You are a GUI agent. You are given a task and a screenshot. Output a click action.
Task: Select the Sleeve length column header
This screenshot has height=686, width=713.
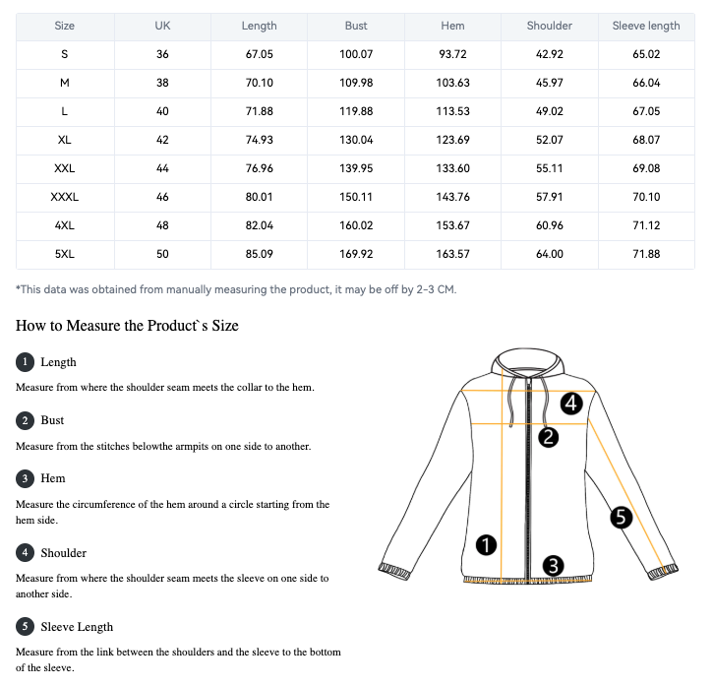coord(646,26)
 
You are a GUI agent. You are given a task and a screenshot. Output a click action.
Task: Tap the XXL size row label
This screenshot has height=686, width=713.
coord(64,168)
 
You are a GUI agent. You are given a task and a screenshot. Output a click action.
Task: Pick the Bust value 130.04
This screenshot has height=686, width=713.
coord(356,140)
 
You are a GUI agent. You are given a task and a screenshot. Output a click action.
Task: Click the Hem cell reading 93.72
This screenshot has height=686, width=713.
coord(452,54)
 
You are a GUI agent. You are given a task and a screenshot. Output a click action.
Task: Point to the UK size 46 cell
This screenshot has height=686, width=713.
coord(162,197)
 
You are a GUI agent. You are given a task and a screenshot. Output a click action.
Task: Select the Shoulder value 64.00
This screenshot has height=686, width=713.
coord(550,254)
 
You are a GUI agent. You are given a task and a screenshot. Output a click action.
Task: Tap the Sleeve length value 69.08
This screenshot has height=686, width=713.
coord(646,168)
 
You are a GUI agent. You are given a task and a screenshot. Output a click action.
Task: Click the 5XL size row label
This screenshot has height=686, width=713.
coord(64,254)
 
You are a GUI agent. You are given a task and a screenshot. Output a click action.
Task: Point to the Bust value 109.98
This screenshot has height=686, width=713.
coord(356,83)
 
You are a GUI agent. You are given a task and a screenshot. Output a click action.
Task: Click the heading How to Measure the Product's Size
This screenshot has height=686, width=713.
coord(127,325)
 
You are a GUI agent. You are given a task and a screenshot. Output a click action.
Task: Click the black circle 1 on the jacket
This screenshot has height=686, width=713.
coord(486,543)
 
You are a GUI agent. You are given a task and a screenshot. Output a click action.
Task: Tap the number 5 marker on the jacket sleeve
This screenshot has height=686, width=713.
coord(621,516)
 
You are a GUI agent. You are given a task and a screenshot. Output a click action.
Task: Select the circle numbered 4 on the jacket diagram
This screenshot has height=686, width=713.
coord(572,403)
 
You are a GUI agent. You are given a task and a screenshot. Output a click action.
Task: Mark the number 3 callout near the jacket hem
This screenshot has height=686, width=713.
coord(553,565)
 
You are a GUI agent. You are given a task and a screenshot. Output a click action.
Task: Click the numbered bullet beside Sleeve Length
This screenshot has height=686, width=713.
coord(25,626)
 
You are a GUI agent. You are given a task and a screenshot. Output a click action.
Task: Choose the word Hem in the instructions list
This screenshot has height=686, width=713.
coord(53,478)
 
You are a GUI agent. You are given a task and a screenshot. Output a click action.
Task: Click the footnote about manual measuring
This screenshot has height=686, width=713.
coord(236,289)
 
